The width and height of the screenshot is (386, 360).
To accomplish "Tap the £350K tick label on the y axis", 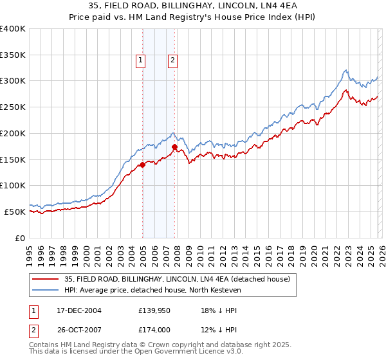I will click(13, 55).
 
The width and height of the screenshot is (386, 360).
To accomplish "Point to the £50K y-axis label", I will click(15, 212).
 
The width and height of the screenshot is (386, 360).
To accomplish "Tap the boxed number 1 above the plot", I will click(140, 60).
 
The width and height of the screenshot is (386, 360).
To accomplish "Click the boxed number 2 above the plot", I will click(173, 60).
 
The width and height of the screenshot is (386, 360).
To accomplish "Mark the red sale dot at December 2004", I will click(142, 165).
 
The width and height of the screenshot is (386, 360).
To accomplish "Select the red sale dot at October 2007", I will click(174, 147).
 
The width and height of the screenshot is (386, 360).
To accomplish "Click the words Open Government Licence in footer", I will click(185, 352).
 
